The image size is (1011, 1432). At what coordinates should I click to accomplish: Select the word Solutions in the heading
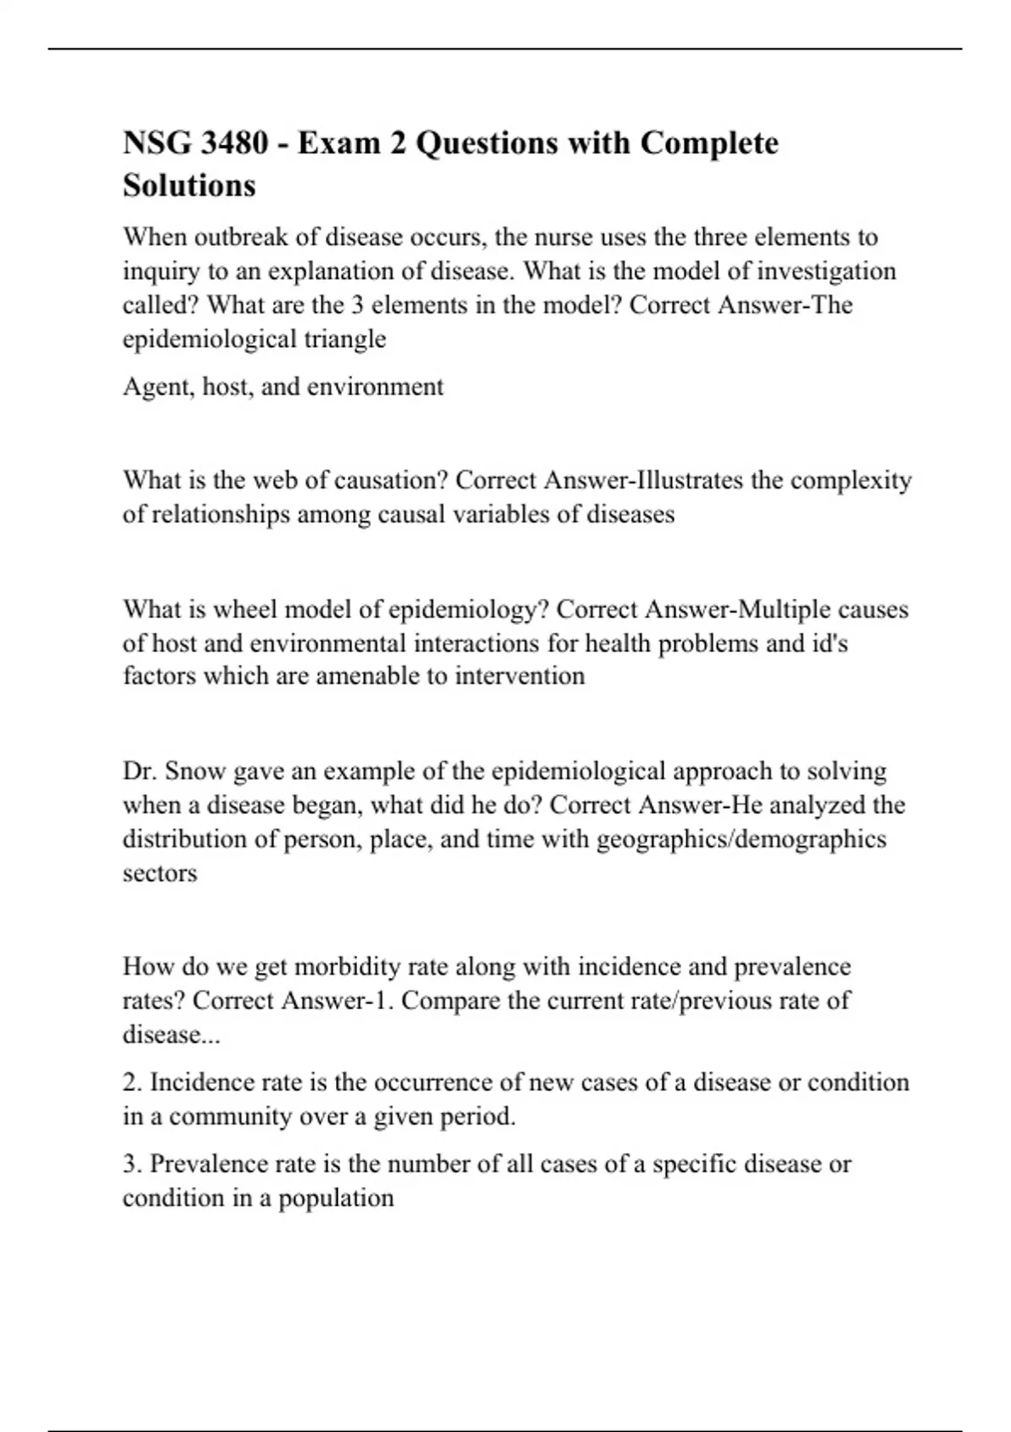[190, 185]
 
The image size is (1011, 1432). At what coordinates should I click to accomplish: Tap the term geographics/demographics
[741, 840]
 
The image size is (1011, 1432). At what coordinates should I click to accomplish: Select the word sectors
[160, 874]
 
